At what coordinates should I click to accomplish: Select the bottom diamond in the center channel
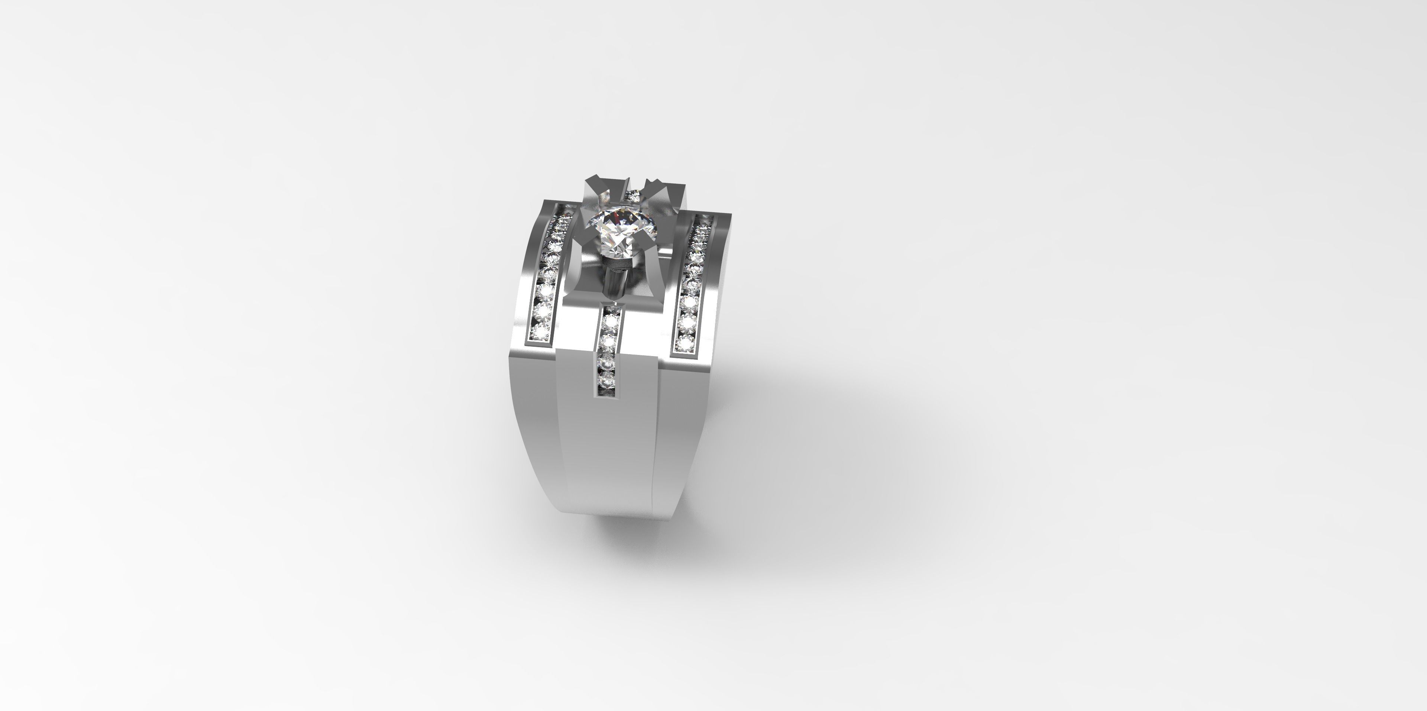click(606, 381)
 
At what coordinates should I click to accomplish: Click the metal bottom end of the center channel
click(605, 394)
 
